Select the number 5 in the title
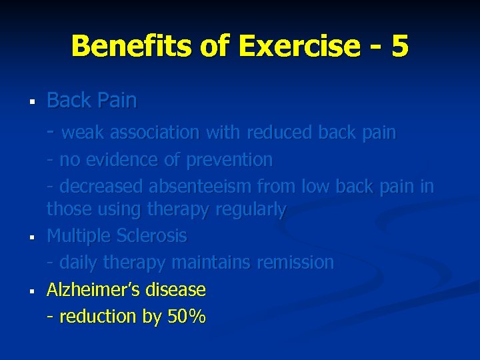(x=400, y=46)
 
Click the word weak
(x=83, y=133)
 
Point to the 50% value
(x=186, y=317)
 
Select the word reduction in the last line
(x=97, y=317)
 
